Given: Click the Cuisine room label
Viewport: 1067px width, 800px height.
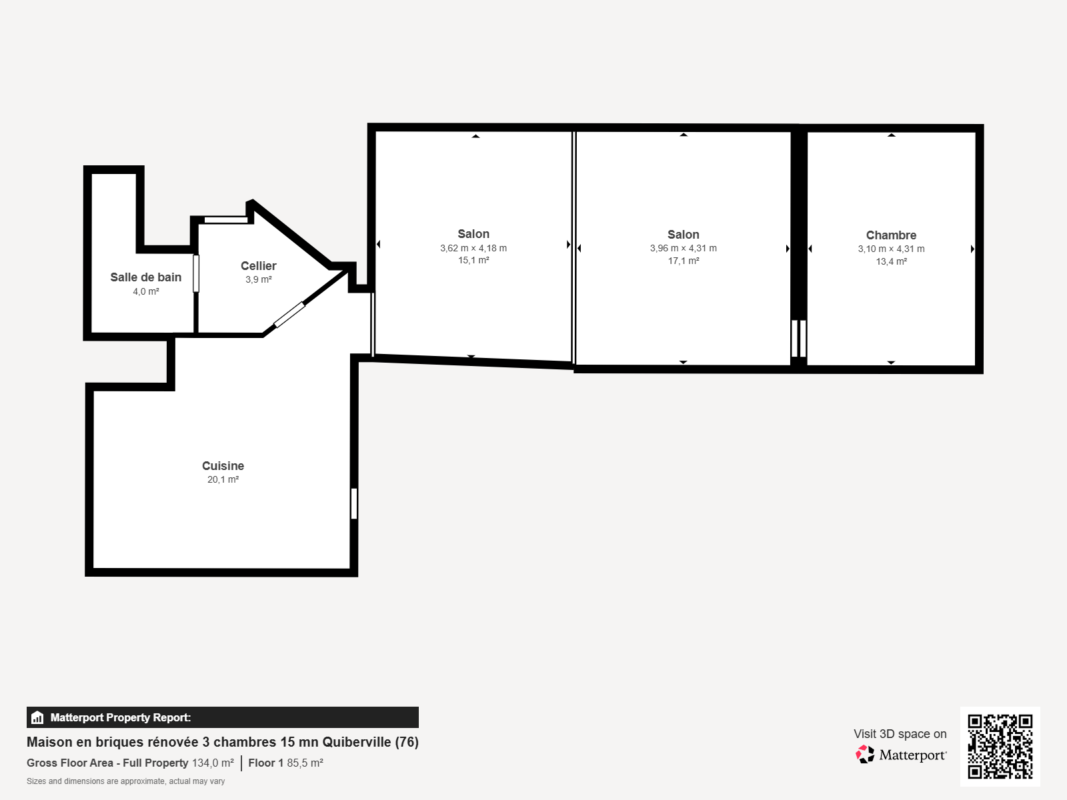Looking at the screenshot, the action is (x=223, y=466).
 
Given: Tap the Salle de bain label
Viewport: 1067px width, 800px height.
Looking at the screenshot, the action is (x=146, y=277).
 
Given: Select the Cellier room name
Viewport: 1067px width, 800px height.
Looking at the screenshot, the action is (x=259, y=266).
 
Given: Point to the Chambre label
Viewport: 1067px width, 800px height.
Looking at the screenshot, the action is (x=891, y=235).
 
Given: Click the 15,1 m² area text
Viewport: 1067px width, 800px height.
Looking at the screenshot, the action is (x=473, y=261).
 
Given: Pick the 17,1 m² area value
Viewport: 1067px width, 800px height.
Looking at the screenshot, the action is (x=684, y=261).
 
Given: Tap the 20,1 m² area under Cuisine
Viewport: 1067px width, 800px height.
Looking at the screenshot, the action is (x=223, y=480).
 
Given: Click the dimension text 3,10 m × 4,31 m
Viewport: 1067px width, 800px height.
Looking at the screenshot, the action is (x=891, y=249).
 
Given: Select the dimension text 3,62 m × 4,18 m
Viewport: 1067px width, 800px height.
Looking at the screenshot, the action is (x=473, y=248).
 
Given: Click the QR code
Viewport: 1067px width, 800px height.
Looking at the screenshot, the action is (x=1000, y=746).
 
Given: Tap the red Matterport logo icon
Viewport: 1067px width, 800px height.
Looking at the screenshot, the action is (x=865, y=755).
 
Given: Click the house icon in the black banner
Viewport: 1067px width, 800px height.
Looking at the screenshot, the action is (x=37, y=717).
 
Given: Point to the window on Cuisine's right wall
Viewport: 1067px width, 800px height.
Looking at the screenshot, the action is (x=354, y=503).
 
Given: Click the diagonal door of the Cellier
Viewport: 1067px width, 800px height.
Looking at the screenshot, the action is (x=289, y=315).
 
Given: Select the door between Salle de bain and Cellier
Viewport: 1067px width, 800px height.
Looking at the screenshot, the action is (x=196, y=273).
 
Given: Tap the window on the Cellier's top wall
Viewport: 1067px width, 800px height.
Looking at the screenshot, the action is (x=226, y=220).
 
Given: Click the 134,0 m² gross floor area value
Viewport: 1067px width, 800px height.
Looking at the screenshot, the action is (x=213, y=763).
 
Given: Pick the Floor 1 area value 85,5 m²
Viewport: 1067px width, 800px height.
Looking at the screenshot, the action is (x=305, y=763).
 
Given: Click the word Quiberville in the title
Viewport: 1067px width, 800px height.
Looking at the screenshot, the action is (x=357, y=742).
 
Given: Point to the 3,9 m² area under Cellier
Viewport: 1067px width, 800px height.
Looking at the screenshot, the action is (x=259, y=280).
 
